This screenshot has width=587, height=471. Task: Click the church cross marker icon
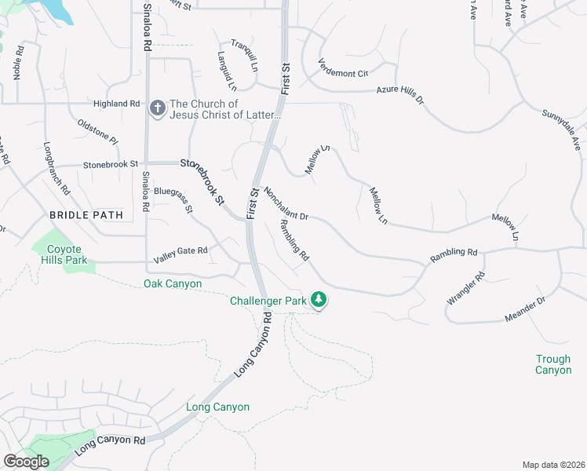(x=157, y=108)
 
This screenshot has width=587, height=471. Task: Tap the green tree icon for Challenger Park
(x=319, y=300)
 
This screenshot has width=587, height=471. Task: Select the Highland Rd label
(x=116, y=104)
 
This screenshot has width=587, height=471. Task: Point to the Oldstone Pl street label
(x=97, y=131)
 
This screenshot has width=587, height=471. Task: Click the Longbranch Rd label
(x=57, y=169)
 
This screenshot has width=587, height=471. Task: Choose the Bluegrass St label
(x=173, y=199)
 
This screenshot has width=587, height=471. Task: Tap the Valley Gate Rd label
(x=180, y=250)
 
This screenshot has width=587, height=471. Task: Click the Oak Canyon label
(x=173, y=283)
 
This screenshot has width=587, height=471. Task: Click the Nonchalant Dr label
(x=286, y=203)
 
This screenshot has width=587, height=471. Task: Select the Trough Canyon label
(x=553, y=364)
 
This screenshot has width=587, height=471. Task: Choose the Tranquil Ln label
(x=244, y=56)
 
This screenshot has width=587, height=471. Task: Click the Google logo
(x=26, y=462)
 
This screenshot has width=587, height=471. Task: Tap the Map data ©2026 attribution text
(x=552, y=465)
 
